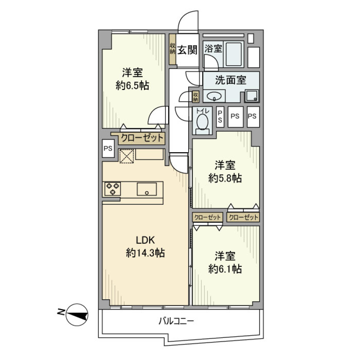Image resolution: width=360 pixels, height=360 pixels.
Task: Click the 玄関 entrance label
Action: (187, 50)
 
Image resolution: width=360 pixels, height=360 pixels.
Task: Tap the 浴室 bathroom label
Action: (213, 48)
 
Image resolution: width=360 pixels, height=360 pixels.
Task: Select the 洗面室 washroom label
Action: (230, 80)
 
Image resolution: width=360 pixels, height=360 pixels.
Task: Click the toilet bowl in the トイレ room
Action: (202, 122)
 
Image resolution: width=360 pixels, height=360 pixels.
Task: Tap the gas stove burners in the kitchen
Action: (112, 189)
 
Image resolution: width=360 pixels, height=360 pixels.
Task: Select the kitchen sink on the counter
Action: (147, 189)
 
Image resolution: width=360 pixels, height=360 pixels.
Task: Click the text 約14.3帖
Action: (145, 253)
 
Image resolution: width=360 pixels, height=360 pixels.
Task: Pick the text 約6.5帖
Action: (132, 86)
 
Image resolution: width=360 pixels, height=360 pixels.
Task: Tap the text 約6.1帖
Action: (225, 268)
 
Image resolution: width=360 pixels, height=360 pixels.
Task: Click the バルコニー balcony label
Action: (176, 321)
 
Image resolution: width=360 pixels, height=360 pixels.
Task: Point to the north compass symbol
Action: (77, 314)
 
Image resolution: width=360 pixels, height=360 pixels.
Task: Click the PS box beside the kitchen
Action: (108, 148)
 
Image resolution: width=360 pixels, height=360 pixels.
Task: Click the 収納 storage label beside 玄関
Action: (172, 49)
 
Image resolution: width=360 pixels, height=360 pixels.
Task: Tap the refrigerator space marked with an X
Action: (126, 156)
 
